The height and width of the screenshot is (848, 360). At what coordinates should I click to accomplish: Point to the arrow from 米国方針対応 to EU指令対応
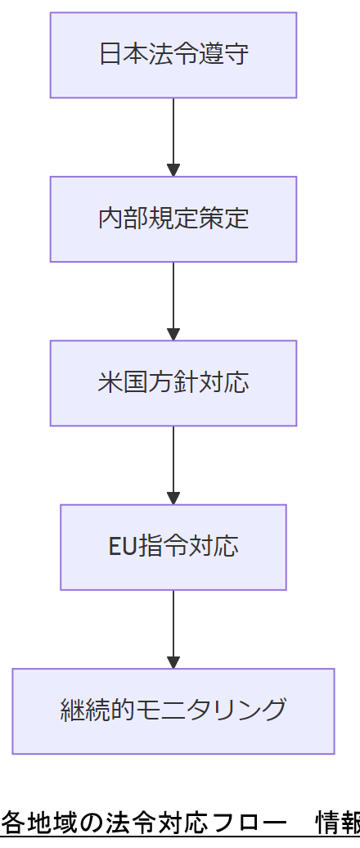click(x=173, y=464)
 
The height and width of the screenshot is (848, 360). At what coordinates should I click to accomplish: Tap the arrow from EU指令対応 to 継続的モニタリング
click(x=173, y=628)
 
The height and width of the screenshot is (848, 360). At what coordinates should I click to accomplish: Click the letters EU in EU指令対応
click(x=123, y=547)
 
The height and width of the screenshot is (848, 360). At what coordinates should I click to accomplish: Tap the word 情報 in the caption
click(x=337, y=821)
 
